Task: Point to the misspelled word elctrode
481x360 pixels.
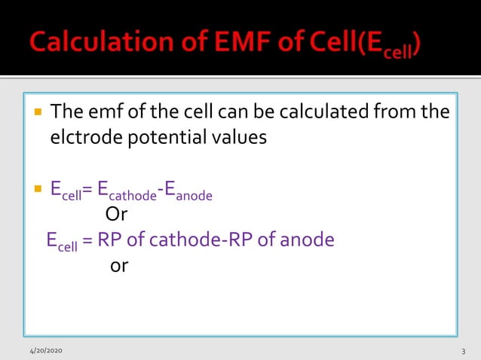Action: coord(81,138)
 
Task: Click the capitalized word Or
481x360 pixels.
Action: coord(116,215)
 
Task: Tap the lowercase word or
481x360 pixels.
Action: coord(119,266)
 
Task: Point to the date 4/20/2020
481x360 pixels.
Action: coord(46,352)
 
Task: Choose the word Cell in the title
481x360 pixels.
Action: coord(329,41)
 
